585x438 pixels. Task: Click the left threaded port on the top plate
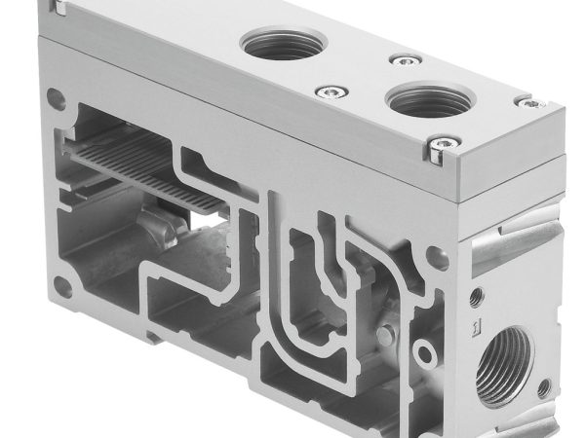click(276, 44)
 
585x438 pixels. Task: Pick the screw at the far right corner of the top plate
click(528, 100)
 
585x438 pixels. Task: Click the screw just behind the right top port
click(400, 60)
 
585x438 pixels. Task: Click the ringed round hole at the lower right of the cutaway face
click(421, 349)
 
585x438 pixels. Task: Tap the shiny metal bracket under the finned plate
click(162, 234)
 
